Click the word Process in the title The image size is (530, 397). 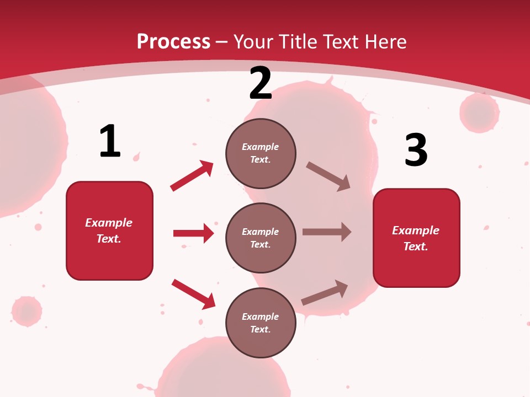pyautogui.click(x=173, y=42)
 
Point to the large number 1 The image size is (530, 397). pyautogui.click(x=110, y=142)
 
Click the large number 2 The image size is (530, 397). pyautogui.click(x=261, y=83)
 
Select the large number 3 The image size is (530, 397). pyautogui.click(x=416, y=151)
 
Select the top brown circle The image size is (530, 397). pyautogui.click(x=261, y=153)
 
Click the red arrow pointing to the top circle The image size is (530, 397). pyautogui.click(x=192, y=176)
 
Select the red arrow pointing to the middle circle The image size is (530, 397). pyautogui.click(x=193, y=233)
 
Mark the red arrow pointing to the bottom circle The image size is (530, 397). pyautogui.click(x=193, y=294)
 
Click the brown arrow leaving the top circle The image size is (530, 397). pyautogui.click(x=328, y=176)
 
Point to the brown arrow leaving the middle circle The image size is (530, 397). pyautogui.click(x=327, y=232)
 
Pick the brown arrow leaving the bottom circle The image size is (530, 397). pyautogui.click(x=325, y=292)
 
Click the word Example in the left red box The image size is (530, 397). pyautogui.click(x=109, y=223)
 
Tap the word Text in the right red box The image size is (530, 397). pyautogui.click(x=415, y=246)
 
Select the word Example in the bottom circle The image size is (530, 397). pyautogui.click(x=261, y=316)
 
